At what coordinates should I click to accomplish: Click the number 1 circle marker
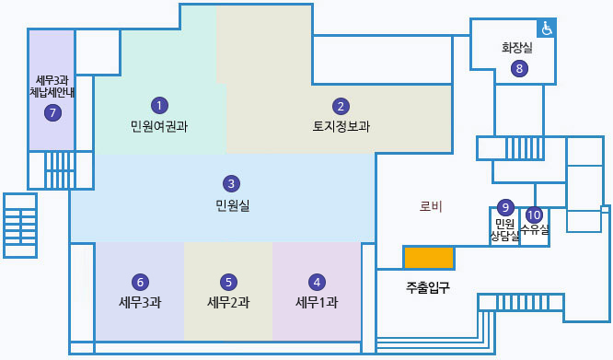click(x=160, y=105)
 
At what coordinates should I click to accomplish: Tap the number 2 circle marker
click(x=341, y=106)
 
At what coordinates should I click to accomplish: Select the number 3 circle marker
click(x=232, y=183)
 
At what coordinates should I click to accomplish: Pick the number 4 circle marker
click(x=317, y=282)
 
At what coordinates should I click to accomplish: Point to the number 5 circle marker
click(x=229, y=282)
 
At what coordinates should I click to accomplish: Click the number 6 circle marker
click(x=140, y=282)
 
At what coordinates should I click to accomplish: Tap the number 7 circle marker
click(x=52, y=112)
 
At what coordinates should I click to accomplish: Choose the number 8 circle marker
click(x=519, y=67)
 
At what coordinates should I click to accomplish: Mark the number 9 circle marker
click(x=504, y=207)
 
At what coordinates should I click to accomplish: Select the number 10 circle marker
click(x=534, y=215)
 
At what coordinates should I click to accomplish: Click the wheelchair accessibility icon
click(x=547, y=29)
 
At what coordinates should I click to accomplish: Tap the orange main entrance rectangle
click(x=428, y=258)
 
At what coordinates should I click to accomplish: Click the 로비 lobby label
click(x=431, y=206)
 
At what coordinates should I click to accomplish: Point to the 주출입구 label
click(x=428, y=287)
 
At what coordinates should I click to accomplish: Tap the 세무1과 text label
click(x=317, y=302)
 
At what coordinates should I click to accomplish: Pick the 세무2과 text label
click(x=229, y=302)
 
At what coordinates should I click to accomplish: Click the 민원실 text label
click(x=232, y=203)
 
